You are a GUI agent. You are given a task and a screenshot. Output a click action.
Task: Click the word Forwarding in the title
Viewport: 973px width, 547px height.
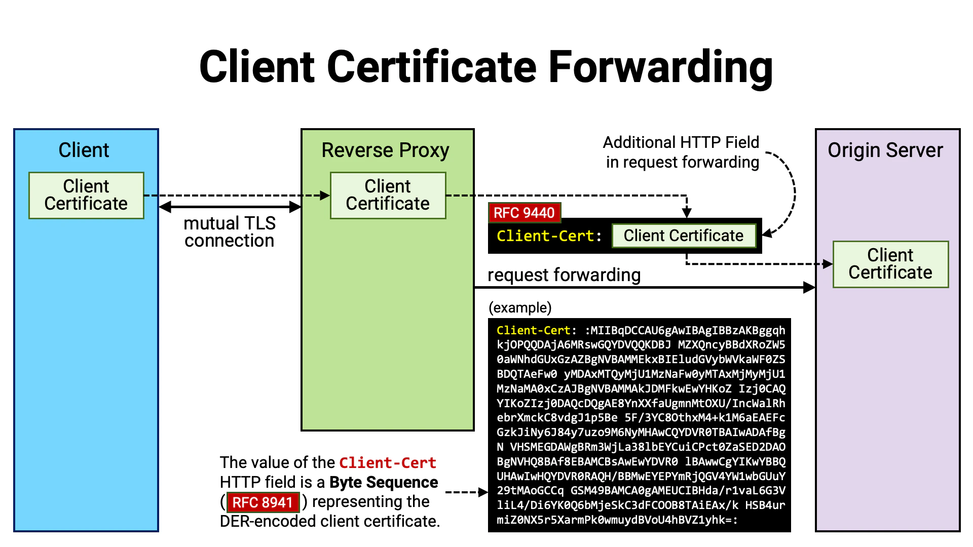click(x=660, y=67)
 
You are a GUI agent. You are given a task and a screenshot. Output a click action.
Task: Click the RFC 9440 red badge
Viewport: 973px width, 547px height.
click(x=524, y=213)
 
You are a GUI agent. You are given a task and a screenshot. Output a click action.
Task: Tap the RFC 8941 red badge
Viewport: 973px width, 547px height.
click(x=263, y=502)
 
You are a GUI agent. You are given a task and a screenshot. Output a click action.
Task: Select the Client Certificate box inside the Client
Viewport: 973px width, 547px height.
click(x=86, y=195)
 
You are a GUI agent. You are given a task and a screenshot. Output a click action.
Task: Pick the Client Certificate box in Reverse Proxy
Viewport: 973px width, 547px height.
click(x=388, y=195)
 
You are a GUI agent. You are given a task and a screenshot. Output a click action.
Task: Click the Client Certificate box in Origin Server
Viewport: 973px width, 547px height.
click(x=890, y=264)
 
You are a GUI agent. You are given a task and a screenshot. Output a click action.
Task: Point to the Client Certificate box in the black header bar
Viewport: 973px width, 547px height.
click(x=683, y=236)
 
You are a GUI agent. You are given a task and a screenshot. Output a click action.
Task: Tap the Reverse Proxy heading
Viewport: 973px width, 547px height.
click(x=385, y=150)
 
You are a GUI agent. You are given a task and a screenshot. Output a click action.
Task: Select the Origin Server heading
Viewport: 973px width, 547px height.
click(x=885, y=150)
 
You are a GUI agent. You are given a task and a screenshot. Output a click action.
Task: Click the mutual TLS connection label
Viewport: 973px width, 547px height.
click(x=230, y=232)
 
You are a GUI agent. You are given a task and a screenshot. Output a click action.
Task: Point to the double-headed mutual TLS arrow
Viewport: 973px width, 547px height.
click(x=230, y=207)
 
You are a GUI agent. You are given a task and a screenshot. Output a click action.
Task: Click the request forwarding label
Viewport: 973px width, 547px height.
click(x=564, y=275)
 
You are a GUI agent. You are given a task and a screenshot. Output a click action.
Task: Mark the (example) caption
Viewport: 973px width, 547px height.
click(x=520, y=307)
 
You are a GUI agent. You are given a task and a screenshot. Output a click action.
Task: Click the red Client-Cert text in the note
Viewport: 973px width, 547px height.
click(x=388, y=462)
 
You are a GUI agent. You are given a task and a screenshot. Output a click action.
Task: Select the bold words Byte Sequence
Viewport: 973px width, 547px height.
click(x=384, y=482)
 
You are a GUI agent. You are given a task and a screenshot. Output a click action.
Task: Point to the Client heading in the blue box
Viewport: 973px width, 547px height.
click(x=84, y=150)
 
